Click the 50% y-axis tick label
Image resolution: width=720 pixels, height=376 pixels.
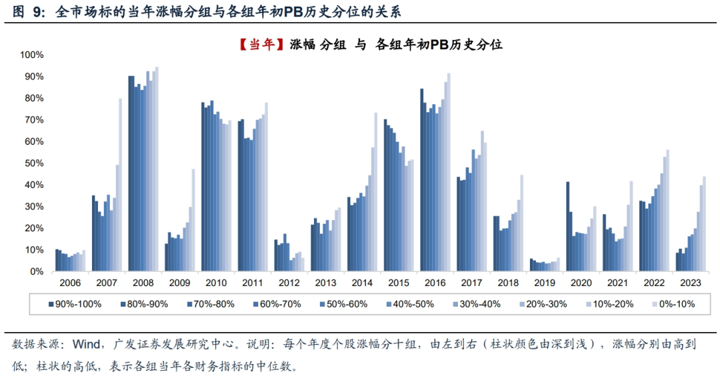tap(35, 163)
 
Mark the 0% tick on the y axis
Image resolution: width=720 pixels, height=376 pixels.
tap(37, 272)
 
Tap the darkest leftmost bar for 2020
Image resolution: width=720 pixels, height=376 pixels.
tap(567, 227)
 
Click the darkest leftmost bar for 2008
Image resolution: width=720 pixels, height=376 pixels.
tap(129, 173)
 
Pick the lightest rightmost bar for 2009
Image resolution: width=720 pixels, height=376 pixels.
tap(193, 220)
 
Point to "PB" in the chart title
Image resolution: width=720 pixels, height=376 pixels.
tap(438, 45)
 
